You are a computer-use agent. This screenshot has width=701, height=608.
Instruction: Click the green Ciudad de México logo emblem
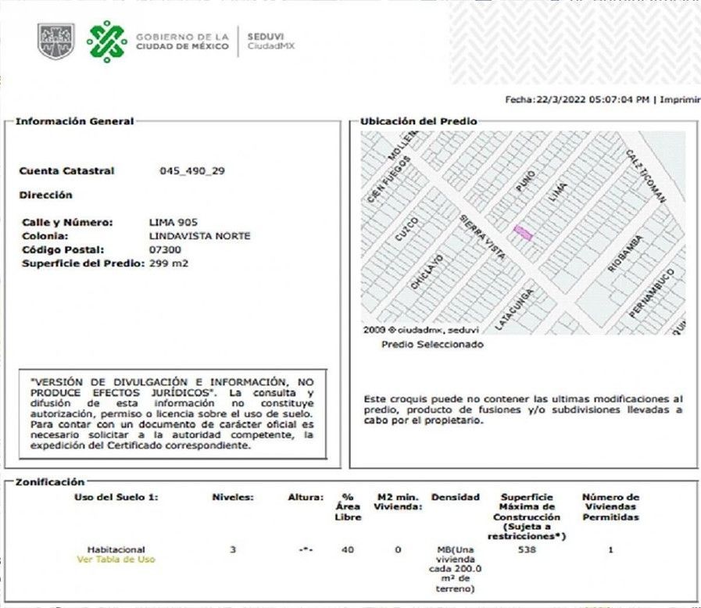(x=106, y=41)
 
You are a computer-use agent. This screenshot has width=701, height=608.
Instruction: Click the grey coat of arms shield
(x=55, y=41)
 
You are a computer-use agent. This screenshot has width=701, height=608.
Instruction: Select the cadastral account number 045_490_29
(x=191, y=170)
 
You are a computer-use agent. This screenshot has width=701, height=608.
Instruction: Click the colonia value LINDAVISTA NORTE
(x=199, y=235)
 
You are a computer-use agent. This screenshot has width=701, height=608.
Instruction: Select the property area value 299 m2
(x=169, y=263)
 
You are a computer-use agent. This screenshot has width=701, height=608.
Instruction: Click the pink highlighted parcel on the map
(x=523, y=233)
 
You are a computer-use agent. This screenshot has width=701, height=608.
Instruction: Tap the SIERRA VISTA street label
(x=482, y=237)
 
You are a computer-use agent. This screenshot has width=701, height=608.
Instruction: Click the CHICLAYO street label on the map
(x=427, y=272)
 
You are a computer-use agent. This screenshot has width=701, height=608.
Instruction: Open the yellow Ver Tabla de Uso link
(x=115, y=560)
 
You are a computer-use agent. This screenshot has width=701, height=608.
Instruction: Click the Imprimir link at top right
(x=680, y=99)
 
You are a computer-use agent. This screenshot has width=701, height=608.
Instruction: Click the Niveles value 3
(x=232, y=550)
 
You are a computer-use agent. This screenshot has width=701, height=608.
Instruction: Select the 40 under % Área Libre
(x=348, y=550)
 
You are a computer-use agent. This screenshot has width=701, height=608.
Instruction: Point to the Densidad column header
(x=455, y=498)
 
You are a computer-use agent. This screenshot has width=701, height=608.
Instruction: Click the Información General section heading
(x=74, y=121)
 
